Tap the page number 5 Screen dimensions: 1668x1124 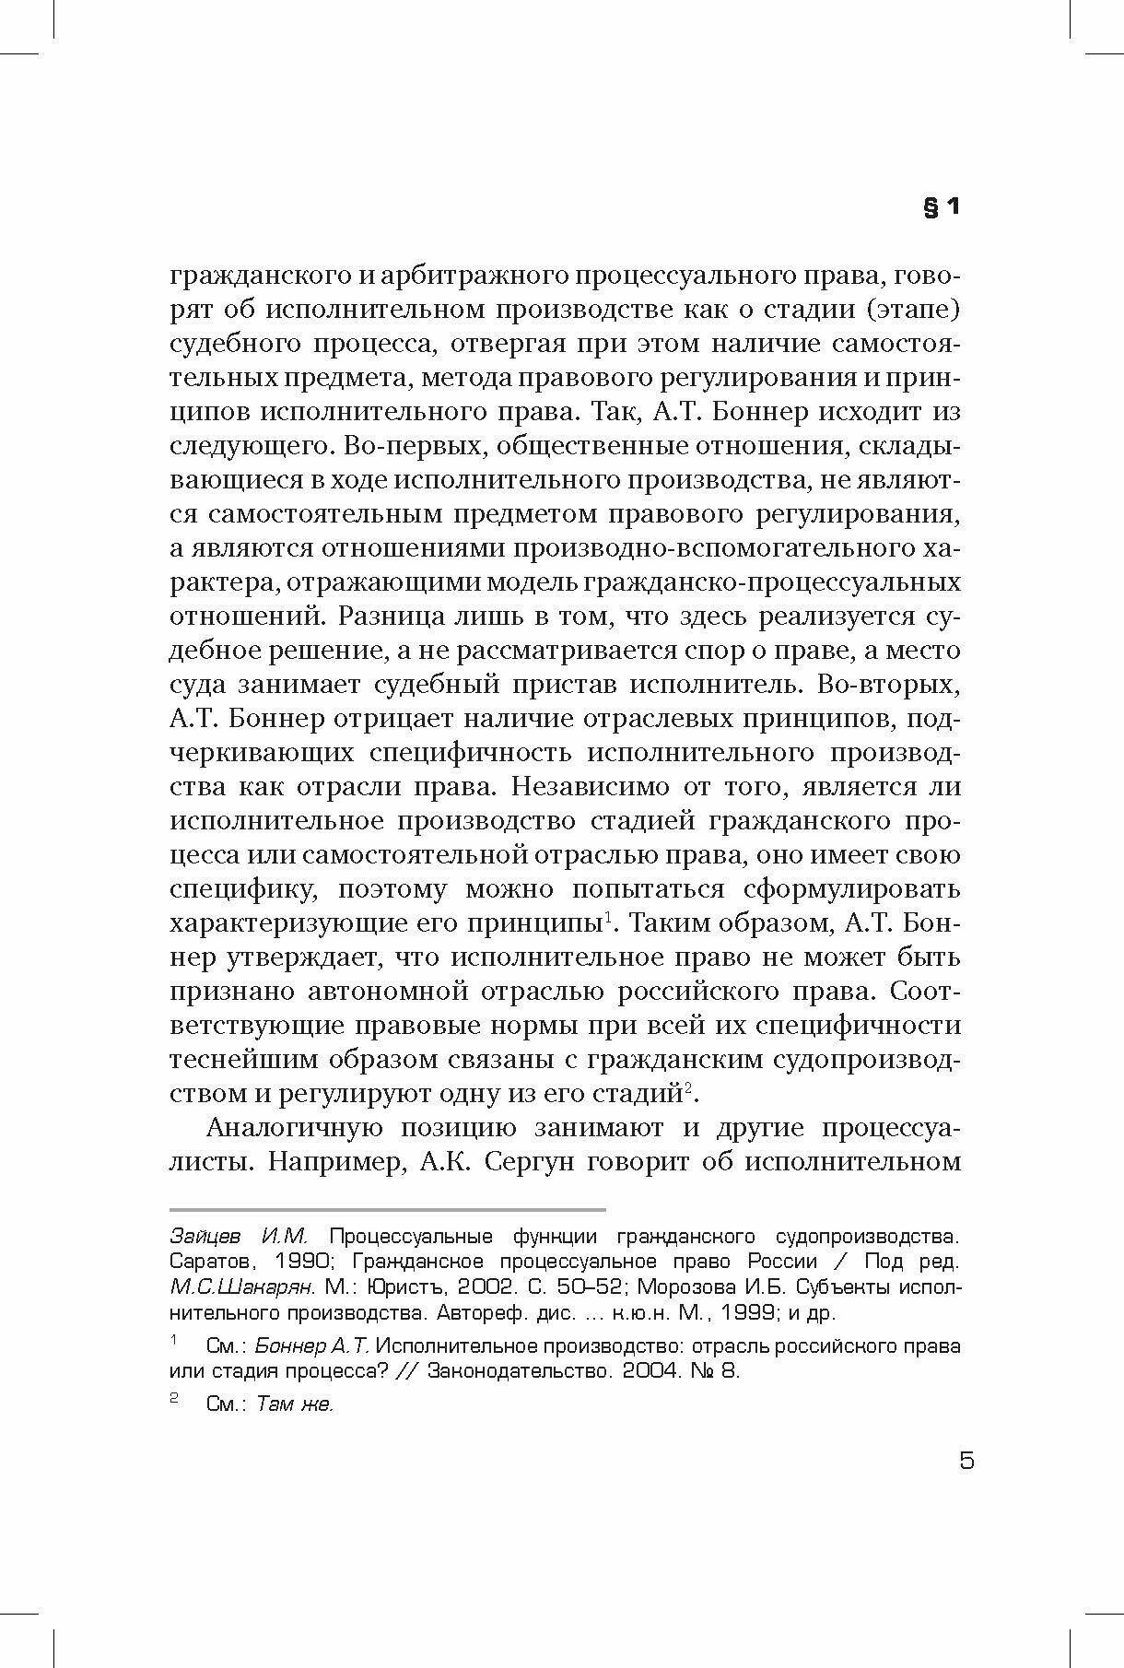click(966, 1461)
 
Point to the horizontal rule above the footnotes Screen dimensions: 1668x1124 click(388, 1209)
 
